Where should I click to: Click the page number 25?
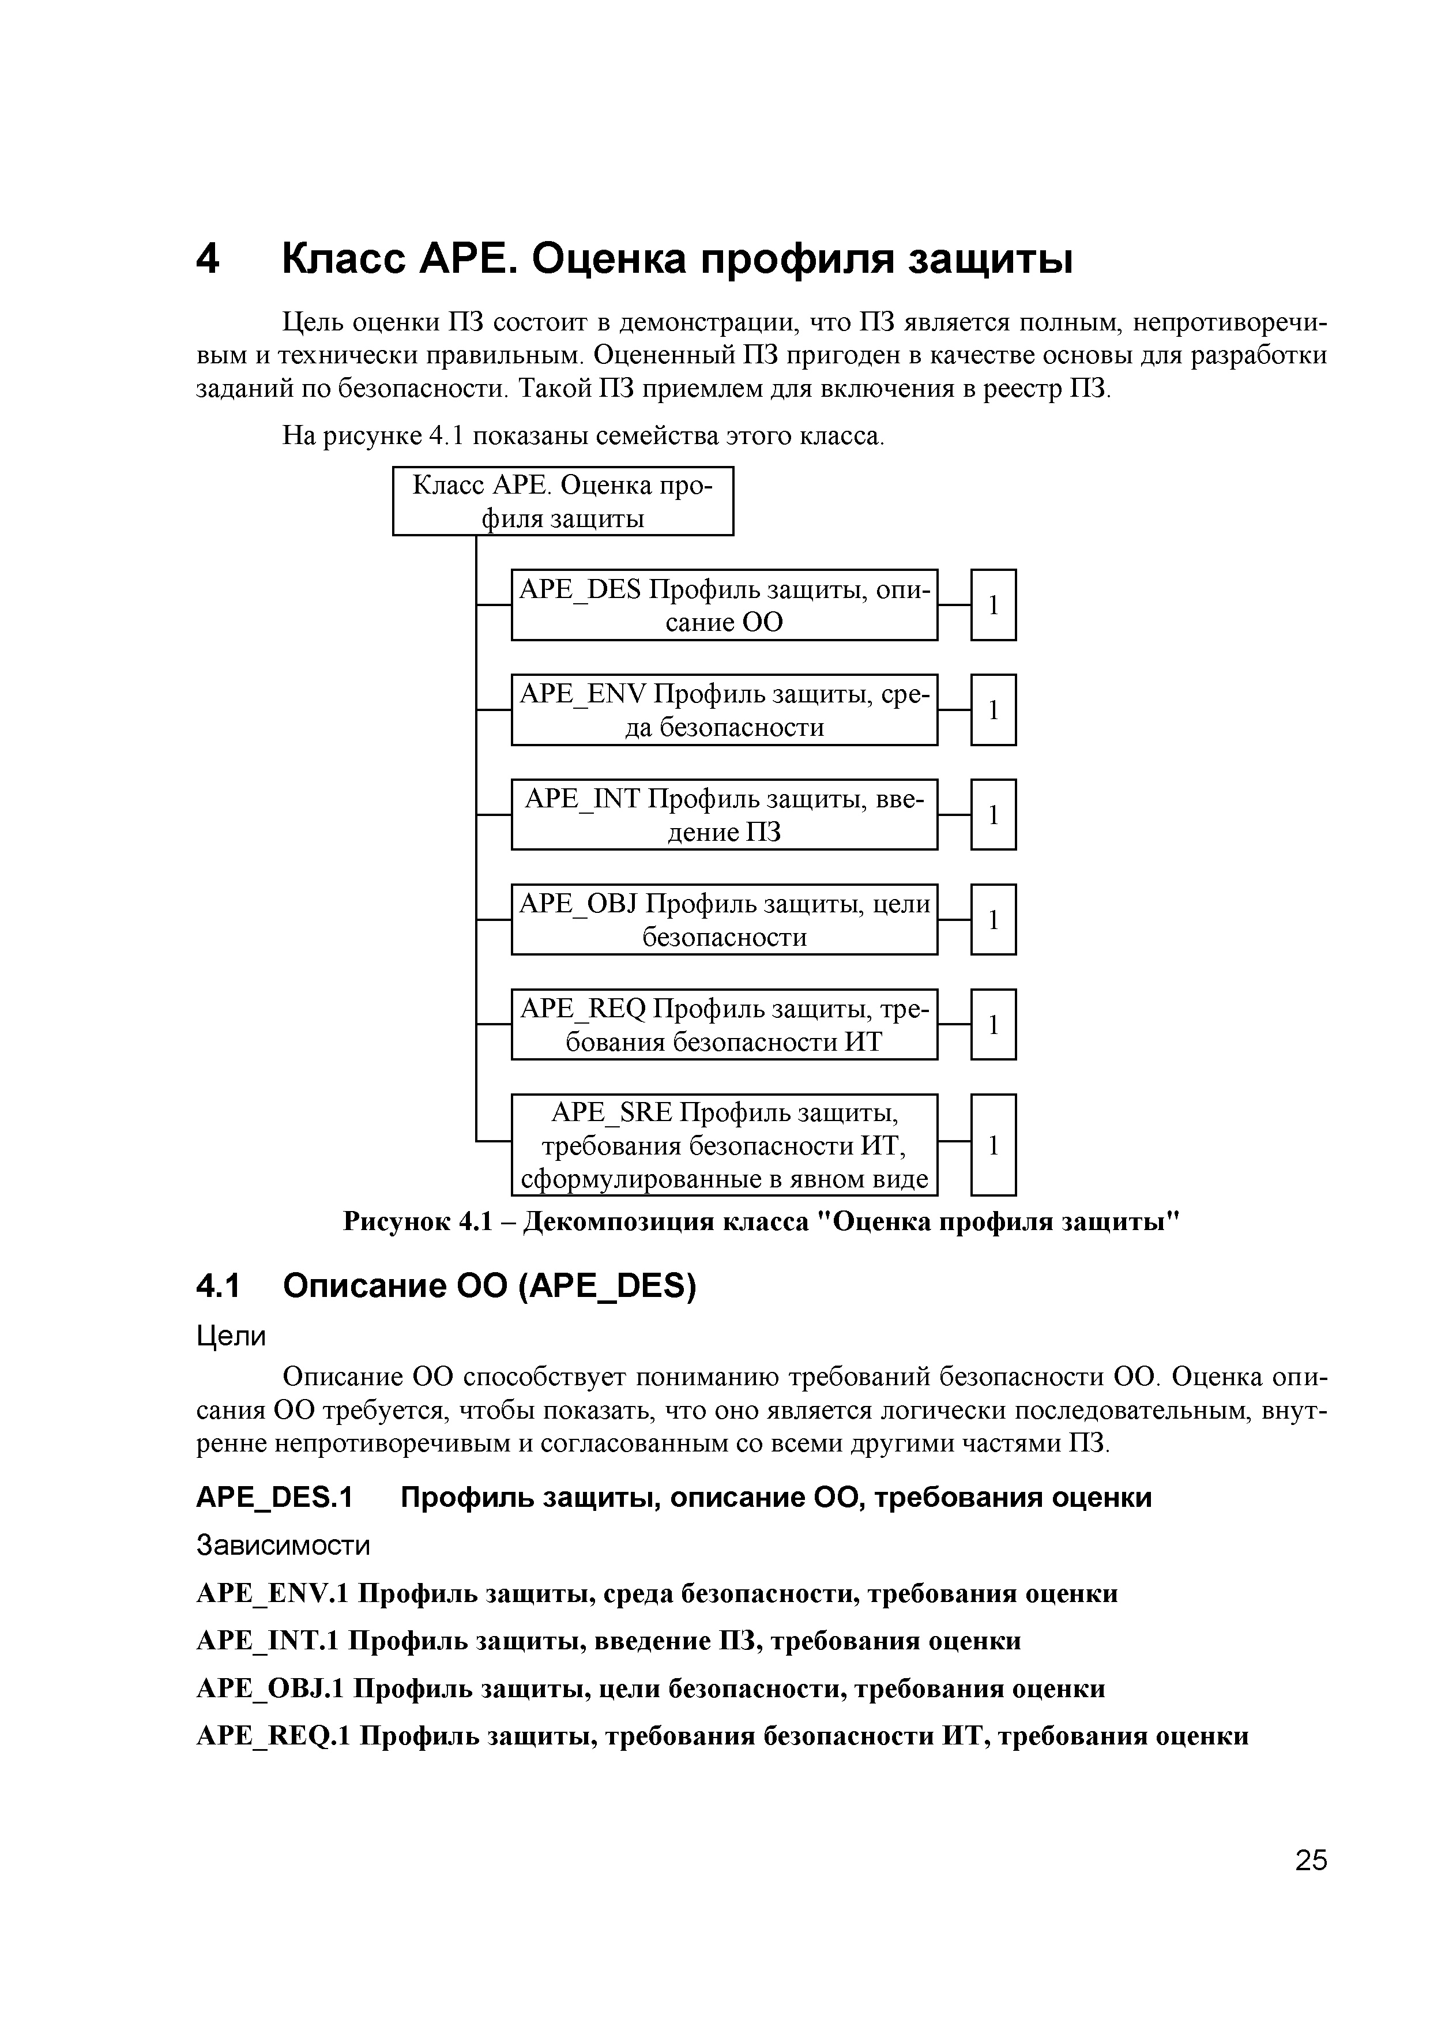(1310, 1860)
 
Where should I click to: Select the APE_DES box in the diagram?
(724, 604)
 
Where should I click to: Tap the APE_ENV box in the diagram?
(724, 709)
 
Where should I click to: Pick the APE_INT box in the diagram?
(724, 814)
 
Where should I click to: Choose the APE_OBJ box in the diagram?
(724, 919)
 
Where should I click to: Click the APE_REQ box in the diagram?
(724, 1024)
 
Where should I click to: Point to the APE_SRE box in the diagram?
(724, 1145)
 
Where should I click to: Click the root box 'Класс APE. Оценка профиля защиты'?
(562, 501)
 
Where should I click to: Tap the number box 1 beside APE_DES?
(993, 604)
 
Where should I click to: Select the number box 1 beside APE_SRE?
(993, 1145)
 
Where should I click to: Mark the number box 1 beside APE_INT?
(993, 814)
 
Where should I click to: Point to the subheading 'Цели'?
(230, 1337)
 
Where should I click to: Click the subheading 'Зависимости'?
(283, 1546)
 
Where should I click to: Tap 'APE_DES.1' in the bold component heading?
(273, 1498)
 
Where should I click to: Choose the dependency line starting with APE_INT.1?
(608, 1641)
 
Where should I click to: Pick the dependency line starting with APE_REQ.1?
(721, 1736)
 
